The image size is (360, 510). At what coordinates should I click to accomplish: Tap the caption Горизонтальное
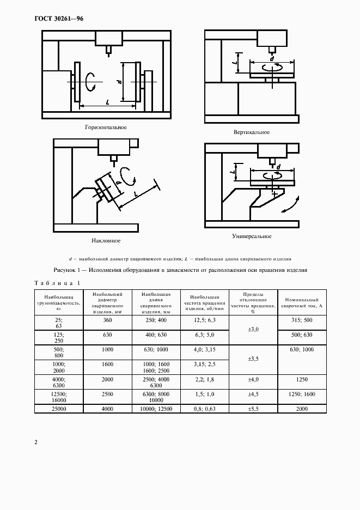point(106,127)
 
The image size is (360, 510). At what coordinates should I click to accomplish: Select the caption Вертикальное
point(251,132)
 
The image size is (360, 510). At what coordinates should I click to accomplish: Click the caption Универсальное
point(251,236)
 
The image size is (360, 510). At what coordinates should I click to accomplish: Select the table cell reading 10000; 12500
point(156,409)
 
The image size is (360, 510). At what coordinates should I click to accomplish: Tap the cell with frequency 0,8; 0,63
point(205,409)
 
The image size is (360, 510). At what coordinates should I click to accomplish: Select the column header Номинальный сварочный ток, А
point(302,303)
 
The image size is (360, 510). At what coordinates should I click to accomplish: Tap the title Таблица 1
point(57,282)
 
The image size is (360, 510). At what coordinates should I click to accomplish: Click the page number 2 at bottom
point(36,442)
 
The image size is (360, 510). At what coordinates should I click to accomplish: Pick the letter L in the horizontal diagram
point(108,101)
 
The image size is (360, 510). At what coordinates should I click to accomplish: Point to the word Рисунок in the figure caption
point(66,270)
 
